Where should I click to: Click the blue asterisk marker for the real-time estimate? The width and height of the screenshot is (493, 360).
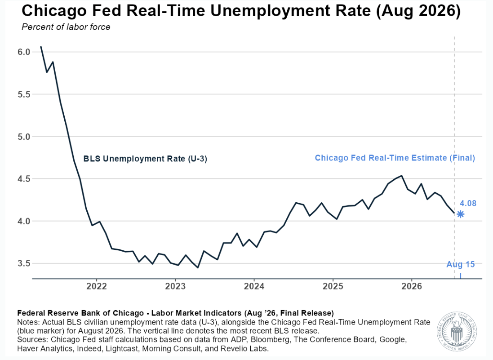[x=461, y=214]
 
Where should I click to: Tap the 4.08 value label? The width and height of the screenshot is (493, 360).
[x=468, y=204]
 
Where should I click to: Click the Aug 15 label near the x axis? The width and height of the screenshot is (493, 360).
[x=461, y=264]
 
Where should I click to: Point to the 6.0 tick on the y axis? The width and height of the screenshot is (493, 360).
[x=24, y=52]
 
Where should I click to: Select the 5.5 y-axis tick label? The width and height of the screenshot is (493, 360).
[x=24, y=94]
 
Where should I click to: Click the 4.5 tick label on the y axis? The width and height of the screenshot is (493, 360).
[x=24, y=179]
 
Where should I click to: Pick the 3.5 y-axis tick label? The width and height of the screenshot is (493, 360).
[x=24, y=263]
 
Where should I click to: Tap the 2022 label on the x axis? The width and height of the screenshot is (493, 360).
[x=97, y=286]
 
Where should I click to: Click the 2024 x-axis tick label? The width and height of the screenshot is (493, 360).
[x=254, y=286]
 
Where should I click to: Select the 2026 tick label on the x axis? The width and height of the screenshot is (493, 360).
[x=412, y=286]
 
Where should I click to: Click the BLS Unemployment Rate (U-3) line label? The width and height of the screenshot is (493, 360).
[x=145, y=159]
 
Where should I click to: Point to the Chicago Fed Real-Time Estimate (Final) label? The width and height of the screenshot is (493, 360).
[x=395, y=158]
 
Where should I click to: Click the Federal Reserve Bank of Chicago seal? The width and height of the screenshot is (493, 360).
[x=457, y=331]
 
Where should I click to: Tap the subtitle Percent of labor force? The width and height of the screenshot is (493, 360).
[x=66, y=27]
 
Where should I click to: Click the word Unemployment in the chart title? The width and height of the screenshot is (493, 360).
[x=290, y=11]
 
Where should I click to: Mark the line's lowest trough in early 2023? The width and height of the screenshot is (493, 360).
[x=198, y=267]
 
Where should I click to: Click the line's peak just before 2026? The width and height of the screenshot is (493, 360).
[x=401, y=176]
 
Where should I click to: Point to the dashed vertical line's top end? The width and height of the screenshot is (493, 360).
[x=454, y=37]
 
